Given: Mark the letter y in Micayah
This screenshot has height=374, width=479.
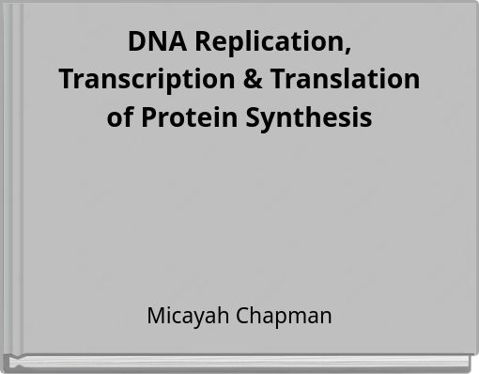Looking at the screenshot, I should [202, 318].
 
